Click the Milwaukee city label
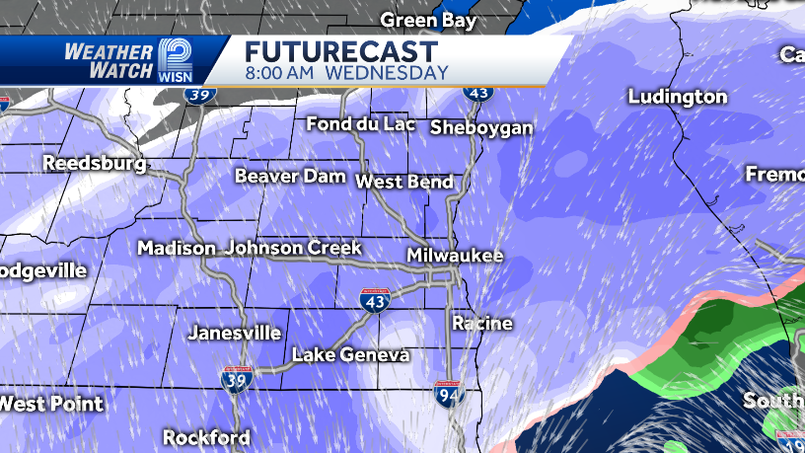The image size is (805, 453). click(455, 256)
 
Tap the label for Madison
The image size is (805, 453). click(177, 248)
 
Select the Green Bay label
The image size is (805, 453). click(428, 20)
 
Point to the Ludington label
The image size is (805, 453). click(678, 97)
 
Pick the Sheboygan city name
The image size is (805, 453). click(481, 127)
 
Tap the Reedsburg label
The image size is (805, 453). click(94, 163)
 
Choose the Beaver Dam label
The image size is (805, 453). click(290, 177)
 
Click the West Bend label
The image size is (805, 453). click(404, 182)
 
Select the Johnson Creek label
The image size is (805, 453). click(293, 248)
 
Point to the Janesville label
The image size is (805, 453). click(234, 334)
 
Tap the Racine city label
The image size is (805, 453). click(482, 323)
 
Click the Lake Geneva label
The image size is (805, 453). click(351, 355)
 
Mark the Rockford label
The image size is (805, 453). click(206, 436)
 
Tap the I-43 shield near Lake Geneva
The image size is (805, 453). click(376, 301)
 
